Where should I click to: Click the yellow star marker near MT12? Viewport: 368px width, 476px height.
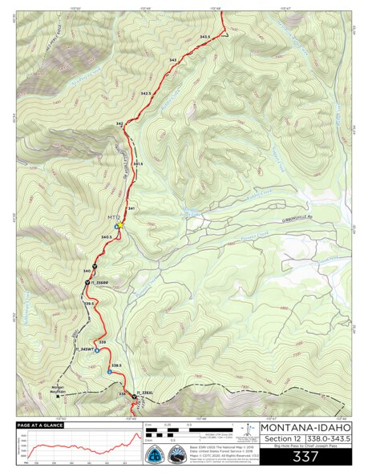click(x=118, y=226)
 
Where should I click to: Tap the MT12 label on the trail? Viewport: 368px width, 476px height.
click(x=113, y=217)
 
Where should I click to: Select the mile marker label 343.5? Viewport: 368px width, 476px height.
click(x=204, y=38)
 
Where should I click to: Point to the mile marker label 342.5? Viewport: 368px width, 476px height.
click(x=145, y=94)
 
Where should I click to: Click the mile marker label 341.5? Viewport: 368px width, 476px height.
click(x=138, y=163)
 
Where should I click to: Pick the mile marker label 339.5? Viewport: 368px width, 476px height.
click(x=91, y=303)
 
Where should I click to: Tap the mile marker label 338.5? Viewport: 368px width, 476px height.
click(x=116, y=365)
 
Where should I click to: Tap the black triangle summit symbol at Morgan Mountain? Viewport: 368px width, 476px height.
click(x=59, y=395)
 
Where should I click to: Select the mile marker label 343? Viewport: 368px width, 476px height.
click(x=173, y=60)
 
